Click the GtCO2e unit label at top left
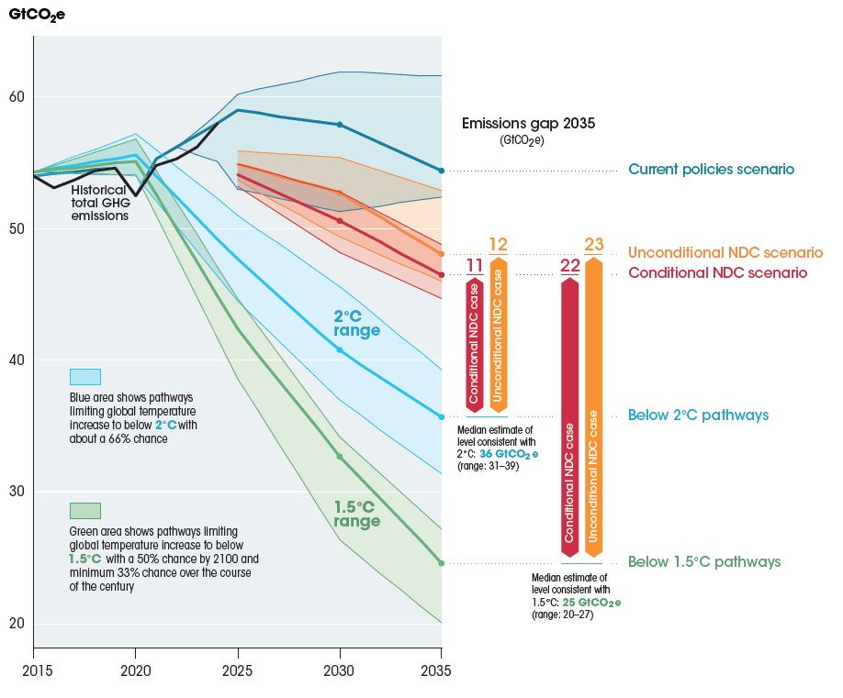click(x=37, y=16)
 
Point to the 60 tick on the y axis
click(x=17, y=97)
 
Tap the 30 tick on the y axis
click(x=17, y=493)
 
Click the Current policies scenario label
click(x=711, y=170)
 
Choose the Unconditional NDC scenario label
click(x=725, y=252)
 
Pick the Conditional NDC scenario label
click(x=717, y=273)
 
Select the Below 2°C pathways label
click(x=698, y=415)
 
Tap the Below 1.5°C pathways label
click(x=704, y=562)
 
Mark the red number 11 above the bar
click(x=475, y=266)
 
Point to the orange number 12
click(x=499, y=245)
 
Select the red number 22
click(x=570, y=266)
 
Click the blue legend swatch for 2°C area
click(x=85, y=377)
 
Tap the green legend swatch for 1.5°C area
click(x=85, y=511)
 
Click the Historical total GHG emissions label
click(x=99, y=203)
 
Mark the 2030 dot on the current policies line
click(x=340, y=124)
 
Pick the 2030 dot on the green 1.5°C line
click(x=340, y=456)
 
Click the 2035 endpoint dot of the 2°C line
click(x=441, y=417)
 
